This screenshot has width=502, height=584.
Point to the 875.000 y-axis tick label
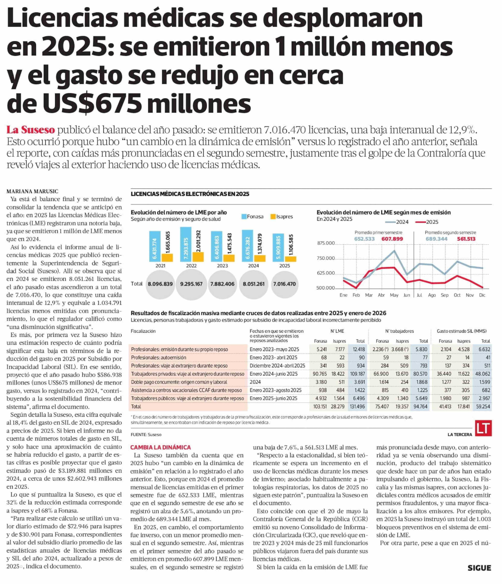point(326,243)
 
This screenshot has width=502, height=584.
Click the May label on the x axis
point(394,295)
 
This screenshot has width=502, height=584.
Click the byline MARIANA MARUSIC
point(32,191)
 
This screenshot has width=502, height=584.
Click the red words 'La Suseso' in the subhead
point(31,130)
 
